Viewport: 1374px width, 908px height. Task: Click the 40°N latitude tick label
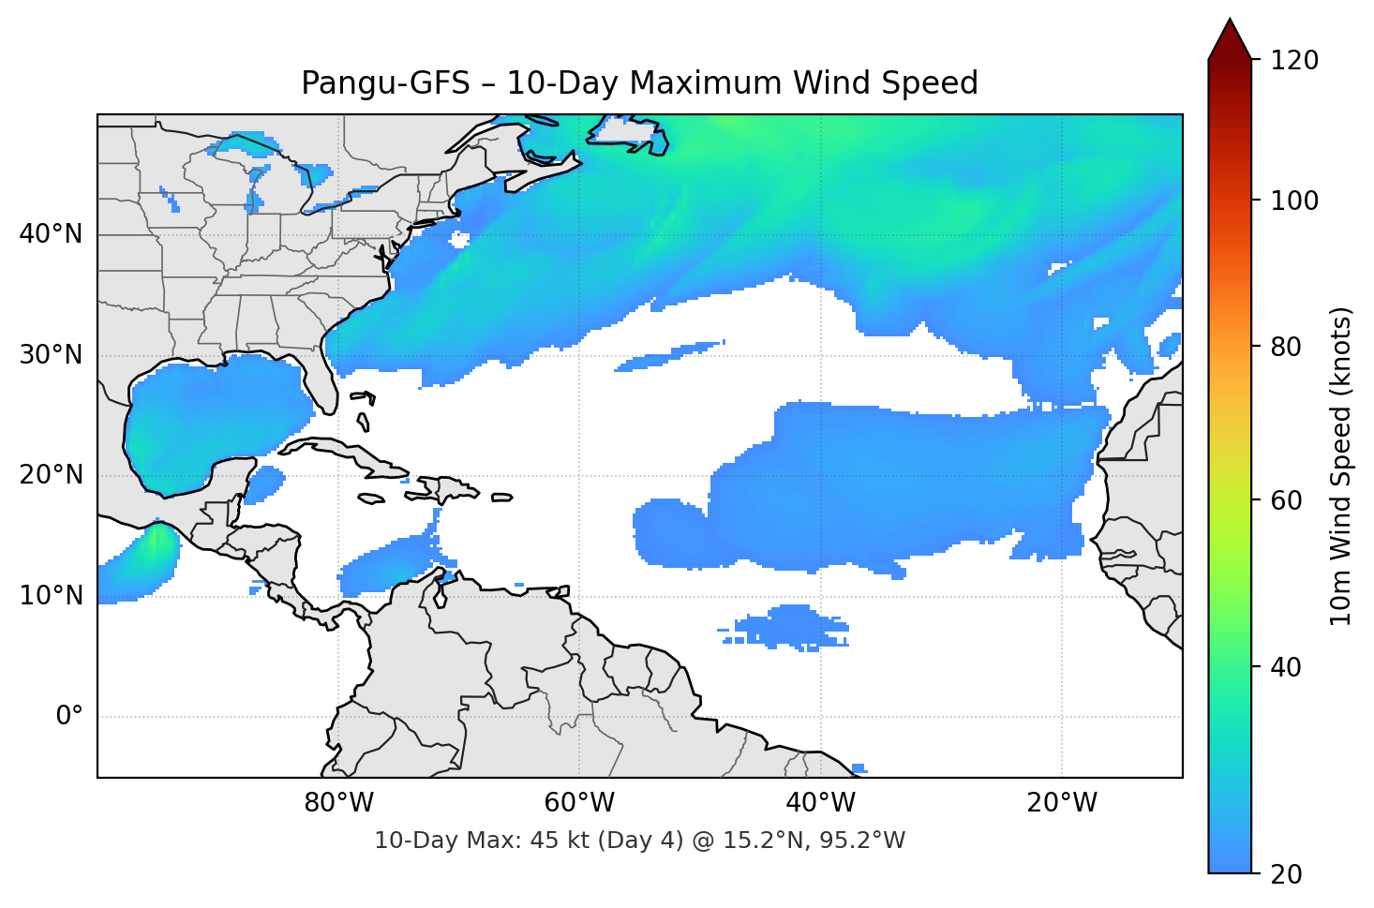click(x=51, y=234)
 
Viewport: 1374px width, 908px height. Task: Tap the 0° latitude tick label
click(x=69, y=717)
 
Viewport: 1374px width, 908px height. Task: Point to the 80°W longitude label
click(x=338, y=803)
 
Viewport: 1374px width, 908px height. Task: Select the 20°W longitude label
click(x=1062, y=803)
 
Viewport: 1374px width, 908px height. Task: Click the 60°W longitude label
click(x=579, y=803)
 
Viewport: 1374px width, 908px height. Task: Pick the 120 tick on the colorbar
click(x=1294, y=61)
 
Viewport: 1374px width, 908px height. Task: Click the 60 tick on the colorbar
click(x=1286, y=500)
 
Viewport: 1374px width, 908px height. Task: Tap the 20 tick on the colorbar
click(x=1286, y=874)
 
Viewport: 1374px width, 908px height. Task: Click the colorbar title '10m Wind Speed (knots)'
click(x=1341, y=466)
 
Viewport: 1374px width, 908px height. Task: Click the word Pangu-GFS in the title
click(x=385, y=83)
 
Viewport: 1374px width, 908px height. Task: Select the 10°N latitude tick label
click(x=51, y=596)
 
